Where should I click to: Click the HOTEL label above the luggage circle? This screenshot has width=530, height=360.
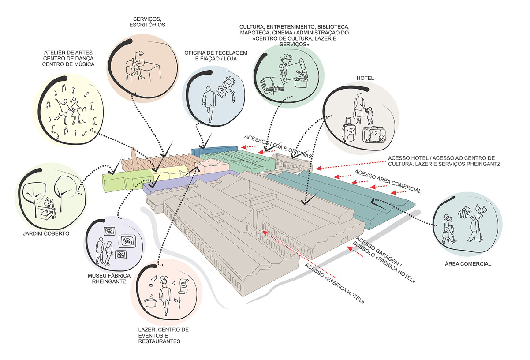point(365,78)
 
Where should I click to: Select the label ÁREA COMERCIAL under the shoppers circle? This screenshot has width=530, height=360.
point(468,264)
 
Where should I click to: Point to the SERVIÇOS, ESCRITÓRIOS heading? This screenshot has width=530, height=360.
point(148,22)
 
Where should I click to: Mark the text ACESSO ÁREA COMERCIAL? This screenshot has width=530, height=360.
point(387,182)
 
